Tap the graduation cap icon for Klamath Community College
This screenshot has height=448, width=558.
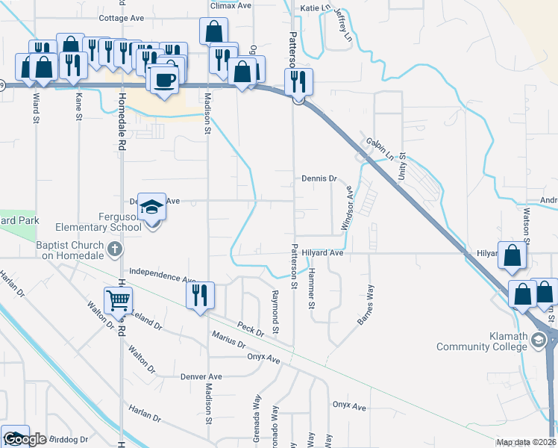[539, 341]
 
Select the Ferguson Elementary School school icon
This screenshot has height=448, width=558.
[151, 207]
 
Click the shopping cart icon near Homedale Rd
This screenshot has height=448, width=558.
[118, 300]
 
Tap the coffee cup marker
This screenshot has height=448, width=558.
[164, 78]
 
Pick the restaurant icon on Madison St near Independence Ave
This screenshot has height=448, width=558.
[198, 295]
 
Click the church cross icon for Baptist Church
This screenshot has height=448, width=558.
[113, 249]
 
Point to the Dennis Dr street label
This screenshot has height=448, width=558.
[320, 179]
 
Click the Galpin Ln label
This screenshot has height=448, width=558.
[380, 149]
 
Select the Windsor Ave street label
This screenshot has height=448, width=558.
[347, 208]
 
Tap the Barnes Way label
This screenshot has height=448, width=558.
[366, 305]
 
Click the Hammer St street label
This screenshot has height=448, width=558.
[311, 289]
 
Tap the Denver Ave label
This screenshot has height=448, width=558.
[201, 376]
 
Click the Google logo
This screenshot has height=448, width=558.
[25, 439]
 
